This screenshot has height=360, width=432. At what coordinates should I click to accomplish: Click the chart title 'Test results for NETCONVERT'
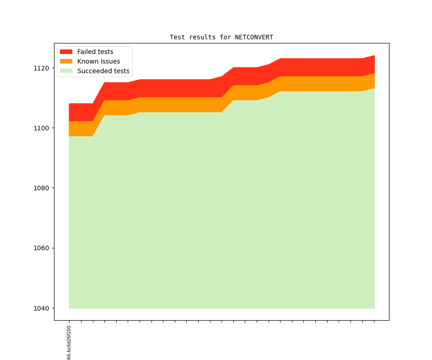(221, 37)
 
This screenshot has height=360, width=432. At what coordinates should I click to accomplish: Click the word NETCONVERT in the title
(254, 37)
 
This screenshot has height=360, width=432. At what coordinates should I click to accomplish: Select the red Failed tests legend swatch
(66, 52)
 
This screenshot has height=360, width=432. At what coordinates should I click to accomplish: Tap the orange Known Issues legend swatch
(66, 61)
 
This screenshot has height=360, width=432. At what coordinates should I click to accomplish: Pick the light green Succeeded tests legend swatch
(66, 71)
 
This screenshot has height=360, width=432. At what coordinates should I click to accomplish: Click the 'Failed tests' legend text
(95, 52)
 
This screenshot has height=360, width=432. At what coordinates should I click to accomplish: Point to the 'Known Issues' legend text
(98, 61)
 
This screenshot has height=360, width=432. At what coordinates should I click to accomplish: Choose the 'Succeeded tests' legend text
(103, 71)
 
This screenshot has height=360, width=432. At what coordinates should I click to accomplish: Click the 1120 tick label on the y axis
(41, 68)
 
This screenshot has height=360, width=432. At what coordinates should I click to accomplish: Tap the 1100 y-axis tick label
(41, 128)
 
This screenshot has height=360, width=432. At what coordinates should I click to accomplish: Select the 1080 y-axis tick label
(41, 188)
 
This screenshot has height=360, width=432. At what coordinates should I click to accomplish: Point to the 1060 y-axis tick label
(41, 248)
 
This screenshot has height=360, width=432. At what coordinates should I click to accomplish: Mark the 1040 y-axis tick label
(41, 308)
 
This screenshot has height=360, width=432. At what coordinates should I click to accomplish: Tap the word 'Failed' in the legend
(86, 52)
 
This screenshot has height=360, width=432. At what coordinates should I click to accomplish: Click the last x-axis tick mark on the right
(374, 322)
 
